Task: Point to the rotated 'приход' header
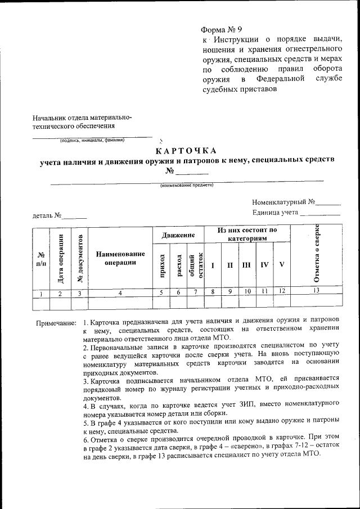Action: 161,265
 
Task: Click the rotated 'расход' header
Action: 179,265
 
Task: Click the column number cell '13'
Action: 316,291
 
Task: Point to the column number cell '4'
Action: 120,292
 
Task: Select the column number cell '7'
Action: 195,292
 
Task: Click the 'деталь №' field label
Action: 47,215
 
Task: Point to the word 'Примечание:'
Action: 56,323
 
